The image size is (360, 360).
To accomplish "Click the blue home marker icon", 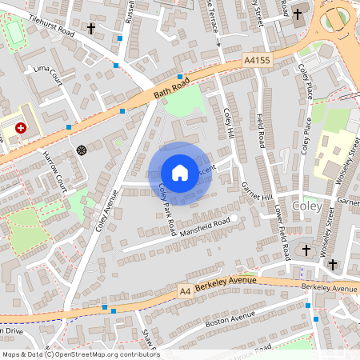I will pos(180,173).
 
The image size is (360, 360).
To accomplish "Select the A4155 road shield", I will pos(255,60).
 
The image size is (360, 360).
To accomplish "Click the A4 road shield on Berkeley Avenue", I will pos(186,291).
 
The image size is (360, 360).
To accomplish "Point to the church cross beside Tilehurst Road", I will pos(90,29).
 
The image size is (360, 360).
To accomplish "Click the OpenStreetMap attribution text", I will pos(80,354).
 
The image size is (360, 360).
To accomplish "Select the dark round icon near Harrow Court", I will pos(81,150).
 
